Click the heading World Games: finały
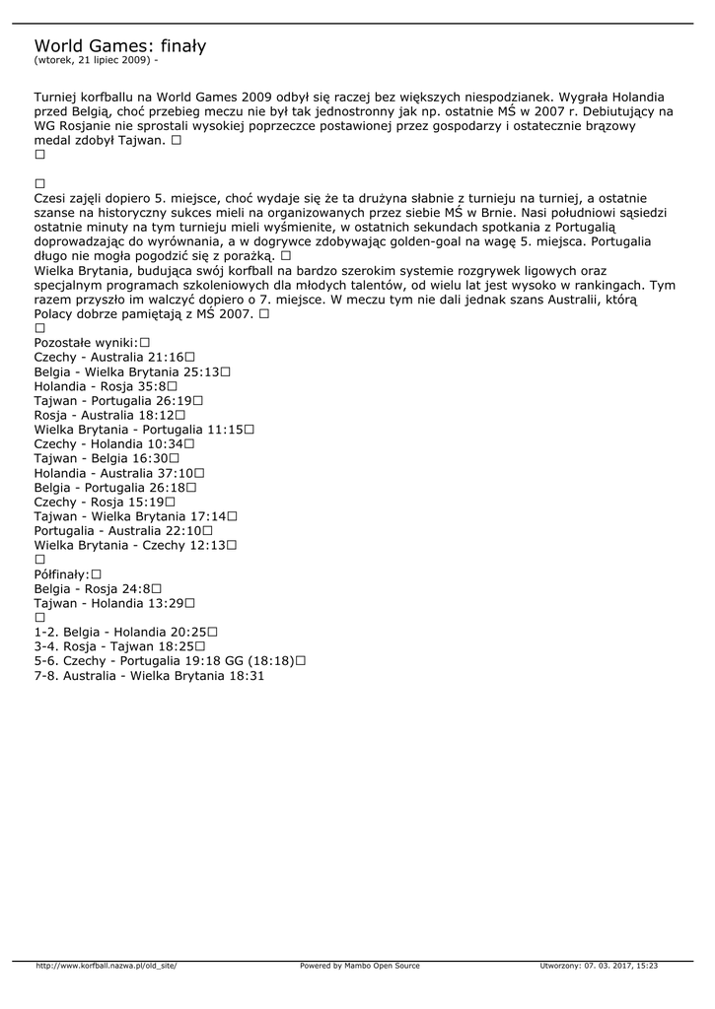click(x=120, y=46)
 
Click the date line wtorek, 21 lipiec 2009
click(x=95, y=60)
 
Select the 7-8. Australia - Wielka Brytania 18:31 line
click(x=149, y=676)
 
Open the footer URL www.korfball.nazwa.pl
click(x=107, y=966)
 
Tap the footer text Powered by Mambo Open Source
click(x=359, y=966)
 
